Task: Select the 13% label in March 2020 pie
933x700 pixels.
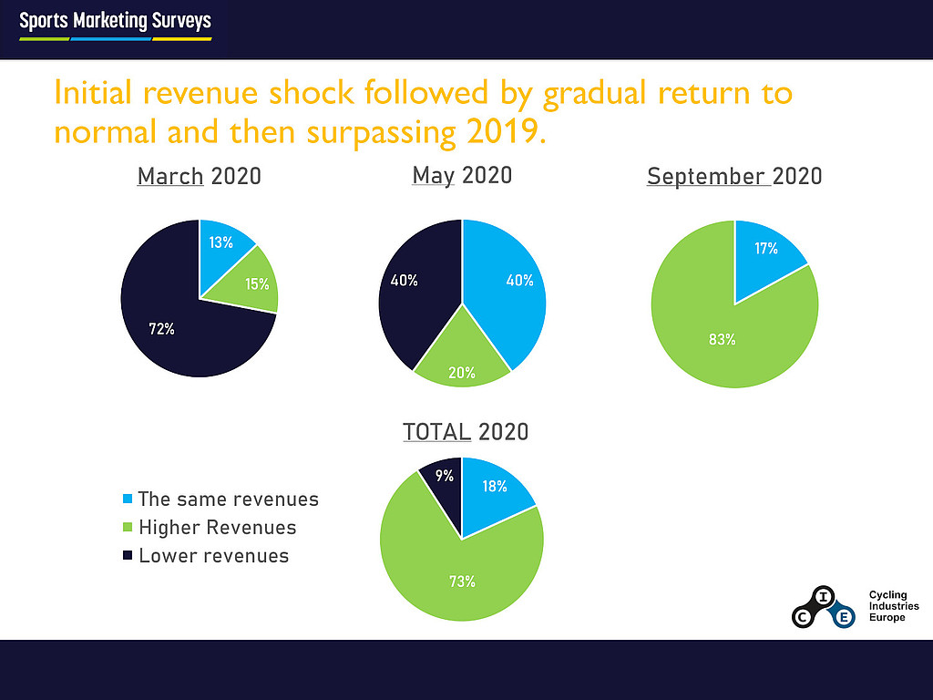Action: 220,242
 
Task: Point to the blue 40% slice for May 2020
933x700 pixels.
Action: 515,283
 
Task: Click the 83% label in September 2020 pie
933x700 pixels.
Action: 723,340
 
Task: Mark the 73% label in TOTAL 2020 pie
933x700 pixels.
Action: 462,581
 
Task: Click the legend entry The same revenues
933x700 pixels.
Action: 228,499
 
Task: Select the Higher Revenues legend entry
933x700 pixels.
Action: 217,527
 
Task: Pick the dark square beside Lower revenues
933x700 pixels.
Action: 127,556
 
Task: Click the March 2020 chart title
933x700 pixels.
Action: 199,176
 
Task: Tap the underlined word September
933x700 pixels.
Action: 707,176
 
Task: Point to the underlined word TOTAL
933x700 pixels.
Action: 437,431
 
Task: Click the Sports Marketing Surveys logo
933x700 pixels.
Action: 115,24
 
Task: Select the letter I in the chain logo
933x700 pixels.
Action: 824,597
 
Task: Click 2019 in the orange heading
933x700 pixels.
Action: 502,133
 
